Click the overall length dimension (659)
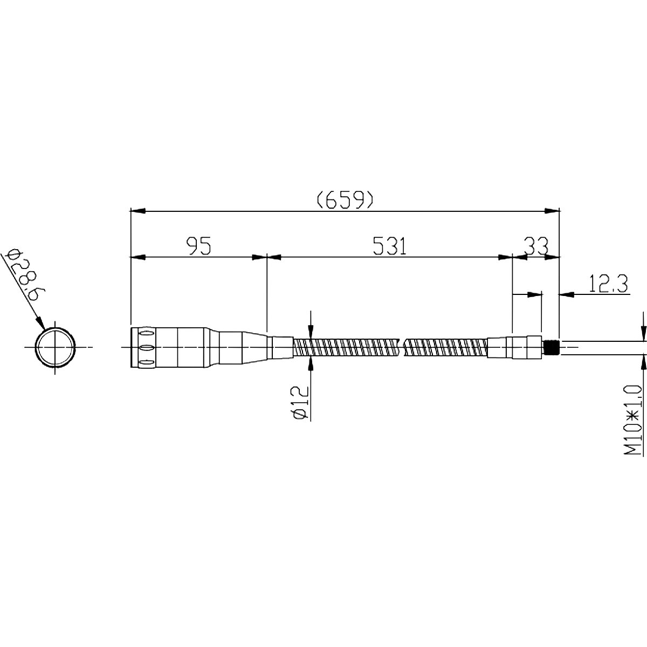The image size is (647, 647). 345,200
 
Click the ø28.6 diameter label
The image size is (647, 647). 24,275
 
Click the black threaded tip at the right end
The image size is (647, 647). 551,347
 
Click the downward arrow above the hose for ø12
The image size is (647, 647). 311,331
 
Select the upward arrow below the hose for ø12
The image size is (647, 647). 311,364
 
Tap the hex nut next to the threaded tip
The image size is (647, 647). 534,347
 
